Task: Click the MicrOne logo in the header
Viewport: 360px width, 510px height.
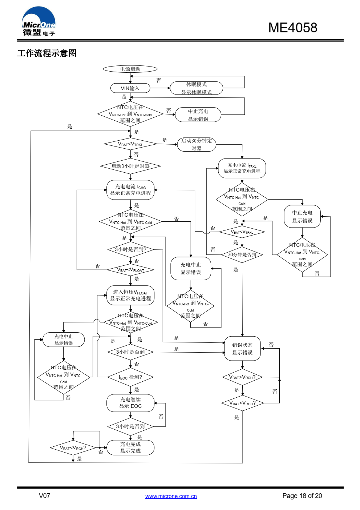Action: [39, 22]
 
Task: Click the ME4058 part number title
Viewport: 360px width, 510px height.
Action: [292, 28]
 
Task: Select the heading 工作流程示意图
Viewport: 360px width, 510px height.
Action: [47, 53]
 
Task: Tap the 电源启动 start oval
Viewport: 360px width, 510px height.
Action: [130, 69]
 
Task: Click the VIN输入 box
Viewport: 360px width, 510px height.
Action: [130, 88]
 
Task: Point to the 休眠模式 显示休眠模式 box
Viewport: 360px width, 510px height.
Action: [196, 88]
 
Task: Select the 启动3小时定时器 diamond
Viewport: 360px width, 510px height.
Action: [130, 166]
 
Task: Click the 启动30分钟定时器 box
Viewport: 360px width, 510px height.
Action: [197, 144]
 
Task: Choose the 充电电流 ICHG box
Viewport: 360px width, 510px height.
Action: [130, 190]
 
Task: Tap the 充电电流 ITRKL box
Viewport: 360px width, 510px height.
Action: [242, 168]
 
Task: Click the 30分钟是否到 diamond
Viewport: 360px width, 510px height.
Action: [242, 255]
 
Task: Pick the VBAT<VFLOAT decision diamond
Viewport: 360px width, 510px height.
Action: [130, 270]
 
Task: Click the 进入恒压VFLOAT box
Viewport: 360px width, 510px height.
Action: [130, 295]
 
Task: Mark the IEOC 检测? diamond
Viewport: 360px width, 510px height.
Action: [130, 377]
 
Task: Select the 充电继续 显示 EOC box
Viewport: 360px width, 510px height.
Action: [130, 403]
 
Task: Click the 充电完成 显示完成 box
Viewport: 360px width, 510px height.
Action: [130, 447]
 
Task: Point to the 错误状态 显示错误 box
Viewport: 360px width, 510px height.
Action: [242, 349]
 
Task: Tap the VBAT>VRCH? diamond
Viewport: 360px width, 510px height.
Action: [242, 377]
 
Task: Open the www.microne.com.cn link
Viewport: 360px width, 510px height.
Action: [171, 496]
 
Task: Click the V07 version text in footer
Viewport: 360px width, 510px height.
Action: [44, 496]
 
